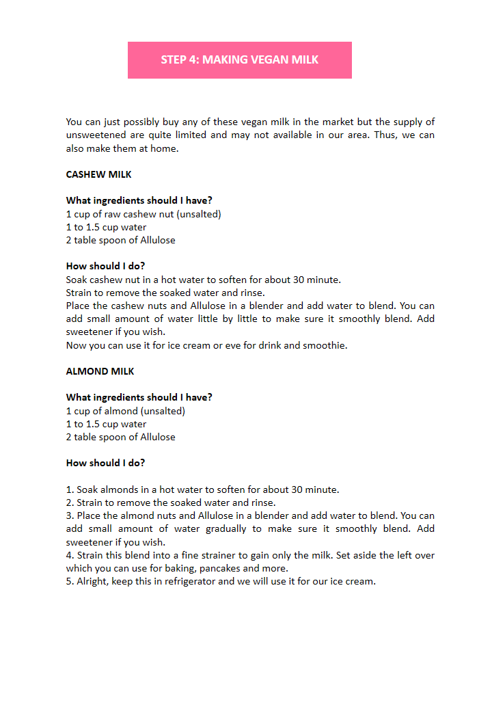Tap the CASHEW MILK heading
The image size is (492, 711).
point(98,174)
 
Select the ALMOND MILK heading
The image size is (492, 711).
point(100,371)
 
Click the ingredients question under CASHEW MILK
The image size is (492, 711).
point(139,200)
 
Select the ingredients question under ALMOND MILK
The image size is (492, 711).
point(139,397)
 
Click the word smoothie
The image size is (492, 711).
point(325,345)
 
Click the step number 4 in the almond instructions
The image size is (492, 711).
point(70,555)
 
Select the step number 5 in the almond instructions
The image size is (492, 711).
point(70,582)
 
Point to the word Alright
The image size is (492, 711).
point(93,582)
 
